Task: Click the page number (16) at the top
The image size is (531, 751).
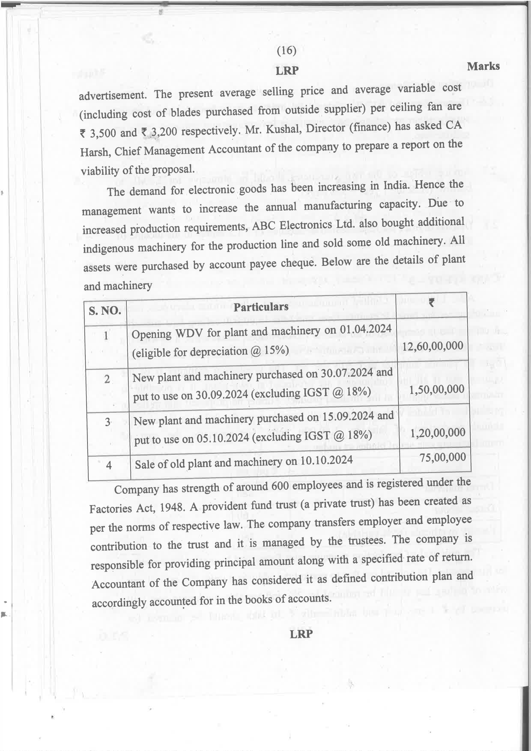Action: (x=286, y=51)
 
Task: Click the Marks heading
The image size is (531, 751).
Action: (x=483, y=66)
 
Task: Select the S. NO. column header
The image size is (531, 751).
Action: (x=105, y=310)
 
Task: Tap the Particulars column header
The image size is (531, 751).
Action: (x=261, y=307)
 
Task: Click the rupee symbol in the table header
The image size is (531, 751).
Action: (x=432, y=303)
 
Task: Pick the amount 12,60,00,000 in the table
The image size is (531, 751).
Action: (x=433, y=346)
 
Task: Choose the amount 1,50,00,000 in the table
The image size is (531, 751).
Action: (x=436, y=390)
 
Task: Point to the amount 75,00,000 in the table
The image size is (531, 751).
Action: (x=442, y=458)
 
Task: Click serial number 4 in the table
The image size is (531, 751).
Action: (x=109, y=465)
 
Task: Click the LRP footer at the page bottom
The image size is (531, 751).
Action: (x=301, y=634)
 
